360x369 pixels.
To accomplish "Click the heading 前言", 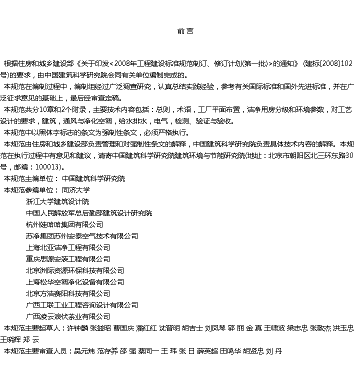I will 185,31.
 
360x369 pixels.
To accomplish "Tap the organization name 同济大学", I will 76,190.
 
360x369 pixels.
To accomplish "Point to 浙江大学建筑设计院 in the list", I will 57,201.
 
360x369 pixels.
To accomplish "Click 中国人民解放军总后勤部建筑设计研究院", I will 89,213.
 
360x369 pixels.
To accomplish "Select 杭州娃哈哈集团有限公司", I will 64,224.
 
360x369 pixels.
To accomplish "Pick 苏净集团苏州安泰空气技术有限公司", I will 82,236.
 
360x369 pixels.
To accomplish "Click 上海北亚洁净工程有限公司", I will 68,247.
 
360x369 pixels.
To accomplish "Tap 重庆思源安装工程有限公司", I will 68,259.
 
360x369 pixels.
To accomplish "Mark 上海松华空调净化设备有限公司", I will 75,282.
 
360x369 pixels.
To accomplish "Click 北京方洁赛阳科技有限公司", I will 68,293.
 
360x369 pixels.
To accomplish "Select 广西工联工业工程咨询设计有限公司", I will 82,305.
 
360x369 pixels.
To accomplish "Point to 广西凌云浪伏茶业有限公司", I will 68,316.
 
